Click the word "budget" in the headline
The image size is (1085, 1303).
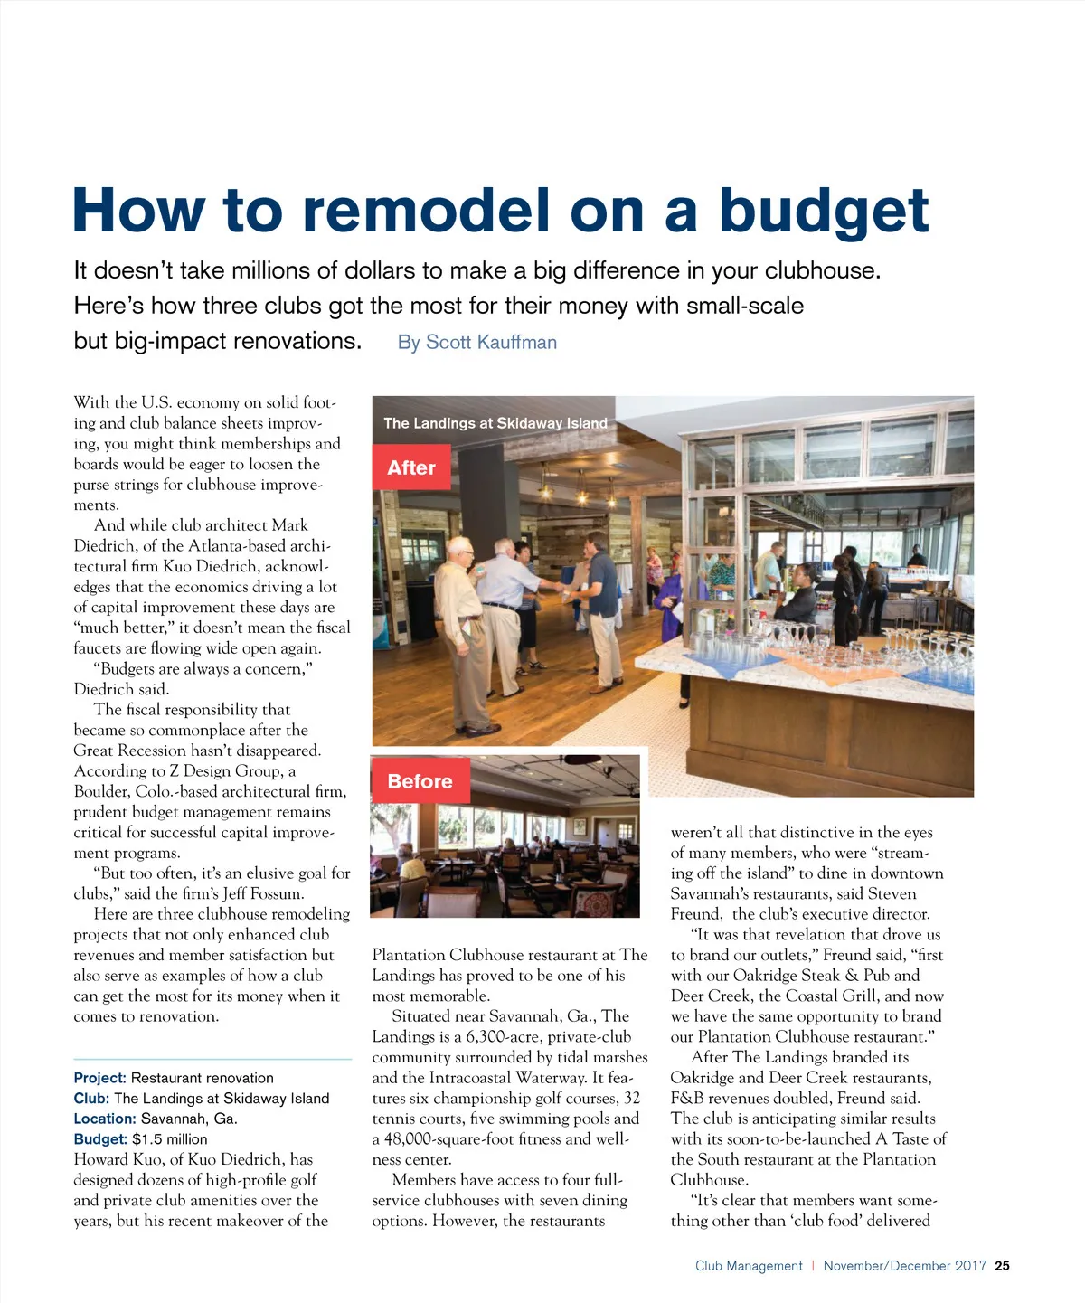pyautogui.click(x=823, y=212)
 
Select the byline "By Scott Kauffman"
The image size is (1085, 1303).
pyautogui.click(x=476, y=343)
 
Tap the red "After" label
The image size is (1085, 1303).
pyautogui.click(x=411, y=467)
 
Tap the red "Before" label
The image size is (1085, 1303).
pyautogui.click(x=420, y=781)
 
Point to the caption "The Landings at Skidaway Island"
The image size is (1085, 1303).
pyautogui.click(x=495, y=423)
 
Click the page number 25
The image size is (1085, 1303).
pyautogui.click(x=1002, y=1266)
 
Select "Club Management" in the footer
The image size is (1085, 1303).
pyautogui.click(x=749, y=1266)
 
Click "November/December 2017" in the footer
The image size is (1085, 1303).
pyautogui.click(x=904, y=1266)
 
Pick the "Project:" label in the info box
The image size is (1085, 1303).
pyautogui.click(x=99, y=1078)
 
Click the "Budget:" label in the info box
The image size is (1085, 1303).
pyautogui.click(x=100, y=1139)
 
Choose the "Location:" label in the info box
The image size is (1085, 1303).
pyautogui.click(x=105, y=1119)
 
